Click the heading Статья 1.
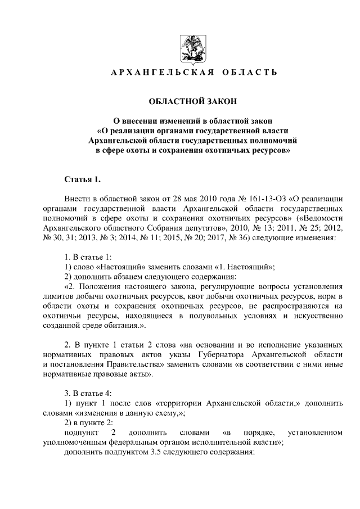tap(83, 179)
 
